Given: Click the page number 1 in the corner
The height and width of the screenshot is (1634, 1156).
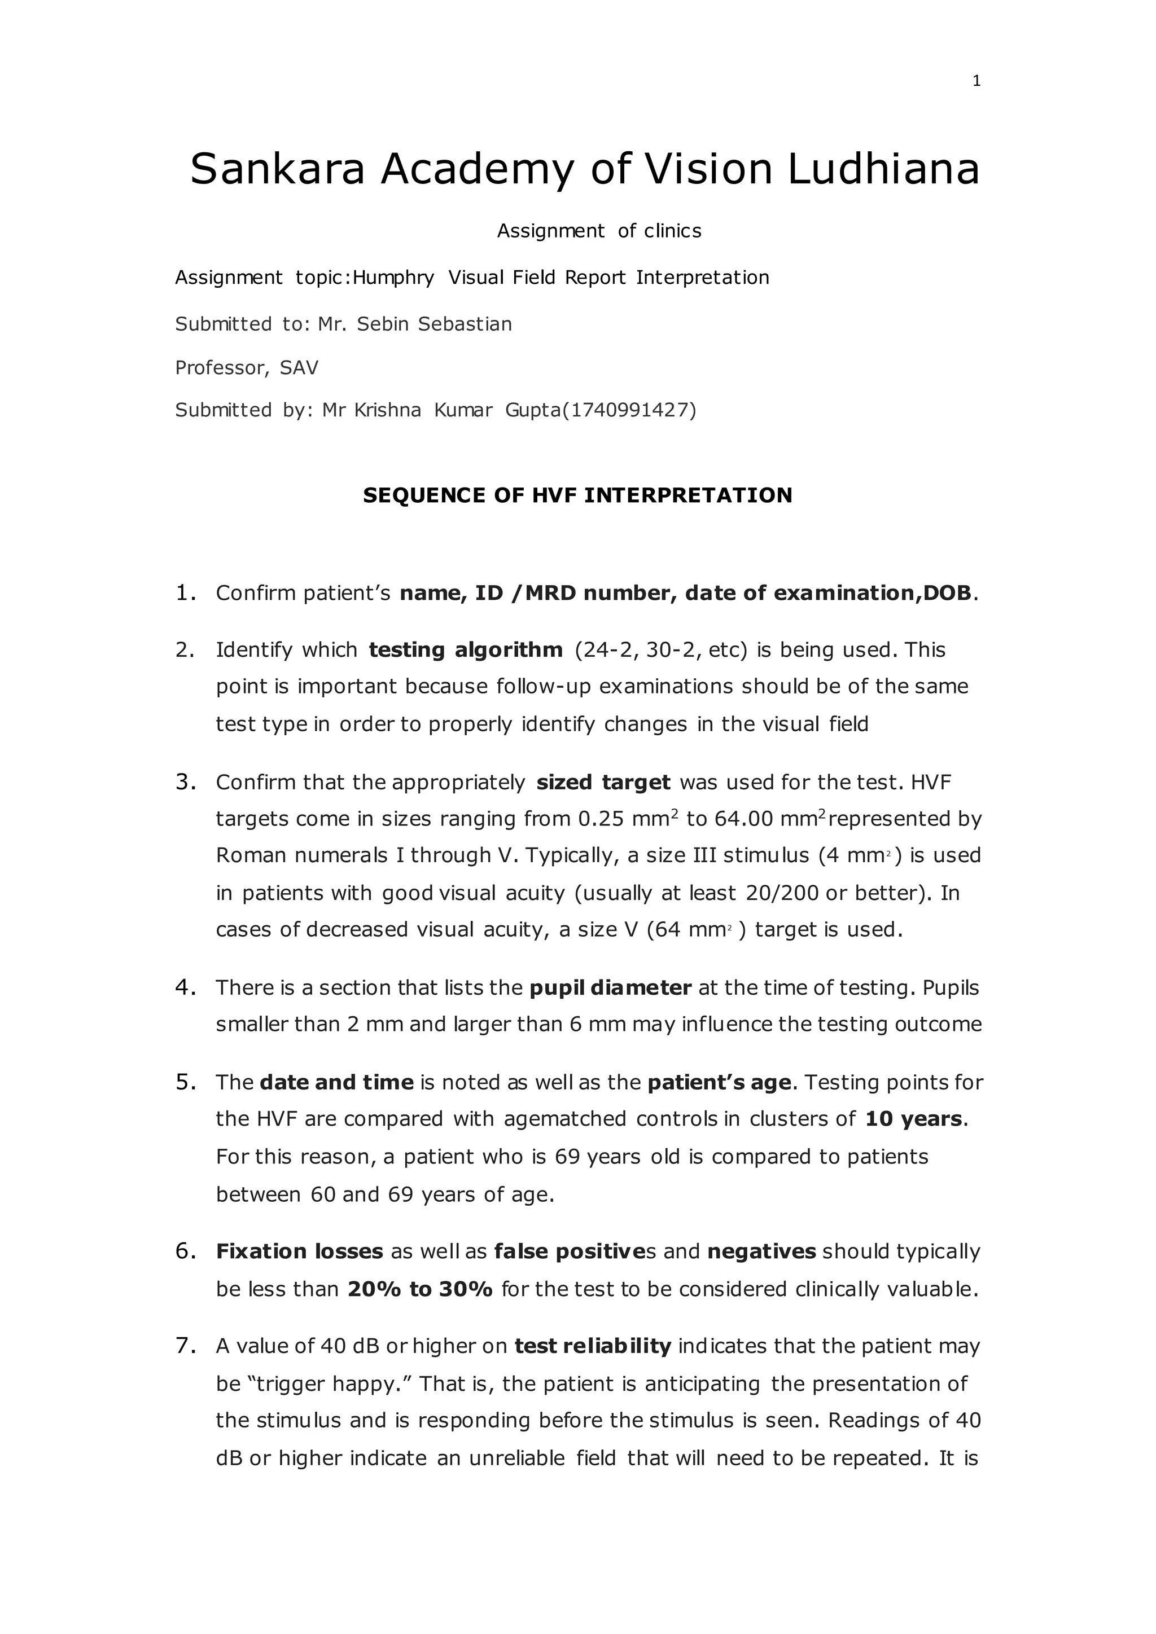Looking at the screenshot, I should click(976, 81).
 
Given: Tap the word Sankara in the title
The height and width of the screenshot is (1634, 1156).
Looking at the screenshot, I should click(278, 169).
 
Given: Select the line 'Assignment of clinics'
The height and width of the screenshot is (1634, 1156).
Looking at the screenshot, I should click(599, 231).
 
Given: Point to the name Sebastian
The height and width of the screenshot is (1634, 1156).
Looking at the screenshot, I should click(464, 324).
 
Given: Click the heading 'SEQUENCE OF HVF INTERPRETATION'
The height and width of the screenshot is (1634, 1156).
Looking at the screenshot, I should click(577, 495).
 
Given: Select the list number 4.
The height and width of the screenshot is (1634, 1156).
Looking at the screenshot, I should click(185, 987).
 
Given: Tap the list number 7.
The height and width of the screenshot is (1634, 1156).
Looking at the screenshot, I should click(185, 1346).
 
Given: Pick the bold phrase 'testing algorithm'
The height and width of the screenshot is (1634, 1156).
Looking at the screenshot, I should click(466, 650).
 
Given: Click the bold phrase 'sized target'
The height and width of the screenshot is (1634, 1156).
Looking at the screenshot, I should click(603, 782).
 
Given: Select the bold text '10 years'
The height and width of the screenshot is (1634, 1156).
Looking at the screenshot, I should click(913, 1119).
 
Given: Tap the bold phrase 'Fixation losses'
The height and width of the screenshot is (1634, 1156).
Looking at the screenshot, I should click(300, 1251).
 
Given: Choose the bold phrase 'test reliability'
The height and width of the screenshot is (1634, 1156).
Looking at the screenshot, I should click(593, 1346).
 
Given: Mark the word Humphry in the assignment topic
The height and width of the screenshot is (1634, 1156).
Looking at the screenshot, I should click(393, 278).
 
